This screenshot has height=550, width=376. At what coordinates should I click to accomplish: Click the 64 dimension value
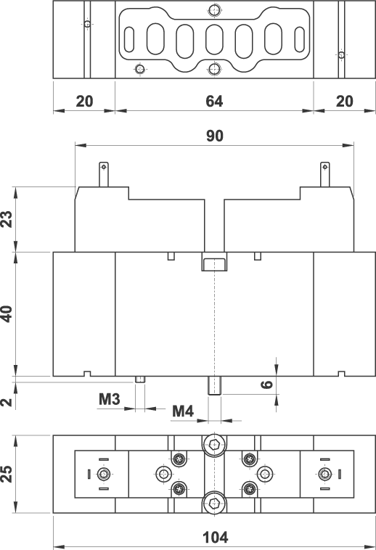click(214, 101)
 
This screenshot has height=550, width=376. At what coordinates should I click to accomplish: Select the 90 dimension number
click(215, 136)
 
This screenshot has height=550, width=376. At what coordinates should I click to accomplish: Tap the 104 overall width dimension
click(216, 538)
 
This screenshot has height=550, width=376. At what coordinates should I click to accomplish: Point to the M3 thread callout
click(110, 399)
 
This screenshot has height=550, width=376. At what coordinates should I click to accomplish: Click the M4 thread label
click(183, 411)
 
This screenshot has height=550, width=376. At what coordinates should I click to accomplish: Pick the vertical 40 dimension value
click(7, 314)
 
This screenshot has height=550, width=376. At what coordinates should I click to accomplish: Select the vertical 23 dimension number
click(7, 219)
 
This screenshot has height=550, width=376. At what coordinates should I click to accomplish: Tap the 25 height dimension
click(7, 474)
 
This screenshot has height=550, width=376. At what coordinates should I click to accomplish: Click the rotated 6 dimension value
click(267, 385)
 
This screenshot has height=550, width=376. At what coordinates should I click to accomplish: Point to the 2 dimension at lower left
click(7, 402)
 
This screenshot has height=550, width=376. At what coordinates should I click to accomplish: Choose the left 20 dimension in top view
click(84, 102)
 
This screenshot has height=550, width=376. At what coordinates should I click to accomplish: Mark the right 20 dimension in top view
click(345, 102)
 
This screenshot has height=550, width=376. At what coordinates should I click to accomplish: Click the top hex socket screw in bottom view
click(214, 446)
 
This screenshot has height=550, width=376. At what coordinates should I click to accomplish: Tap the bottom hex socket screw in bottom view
click(214, 504)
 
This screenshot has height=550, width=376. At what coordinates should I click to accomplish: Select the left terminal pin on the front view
click(104, 174)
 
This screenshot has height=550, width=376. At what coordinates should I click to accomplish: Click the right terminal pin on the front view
click(325, 174)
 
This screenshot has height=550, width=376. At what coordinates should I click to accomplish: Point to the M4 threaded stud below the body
click(214, 385)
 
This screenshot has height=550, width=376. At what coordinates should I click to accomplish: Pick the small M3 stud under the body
click(140, 379)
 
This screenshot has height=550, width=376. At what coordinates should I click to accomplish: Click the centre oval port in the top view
click(214, 40)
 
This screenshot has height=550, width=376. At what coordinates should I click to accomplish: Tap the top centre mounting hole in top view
click(214, 9)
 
